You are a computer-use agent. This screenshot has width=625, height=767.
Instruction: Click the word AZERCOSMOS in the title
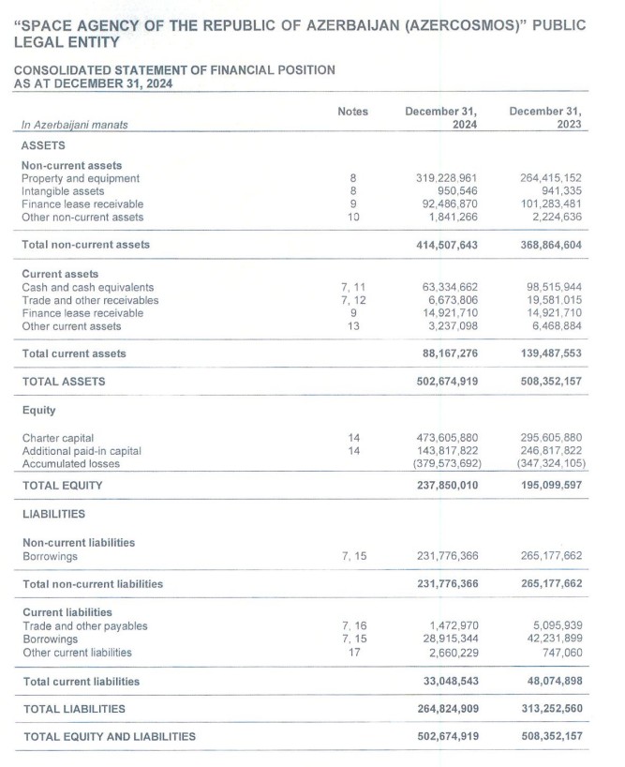[x=436, y=25]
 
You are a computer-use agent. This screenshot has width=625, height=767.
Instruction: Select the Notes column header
[x=352, y=112]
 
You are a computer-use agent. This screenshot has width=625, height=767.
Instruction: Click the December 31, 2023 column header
[x=545, y=117]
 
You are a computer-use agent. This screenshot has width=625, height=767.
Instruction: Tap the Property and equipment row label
[x=81, y=178]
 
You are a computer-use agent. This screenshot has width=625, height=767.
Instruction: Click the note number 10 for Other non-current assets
[x=352, y=218]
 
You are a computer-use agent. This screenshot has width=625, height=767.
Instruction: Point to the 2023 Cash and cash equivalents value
[x=549, y=287]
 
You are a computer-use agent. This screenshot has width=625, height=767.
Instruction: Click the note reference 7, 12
[x=352, y=300]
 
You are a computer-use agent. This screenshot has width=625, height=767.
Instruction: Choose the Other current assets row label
[x=71, y=326]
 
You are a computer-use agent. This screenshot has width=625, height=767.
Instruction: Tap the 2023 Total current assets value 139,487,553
[x=549, y=353]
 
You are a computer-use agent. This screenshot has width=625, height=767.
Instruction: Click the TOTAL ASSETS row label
[x=64, y=382]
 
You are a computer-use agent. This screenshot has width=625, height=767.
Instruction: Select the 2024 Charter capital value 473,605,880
[x=446, y=437]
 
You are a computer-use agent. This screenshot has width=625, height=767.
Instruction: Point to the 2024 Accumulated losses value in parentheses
[x=446, y=463]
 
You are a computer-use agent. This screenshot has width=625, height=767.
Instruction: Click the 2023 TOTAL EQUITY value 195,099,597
[x=549, y=486]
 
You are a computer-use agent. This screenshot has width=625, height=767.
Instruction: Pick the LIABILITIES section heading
[x=53, y=514]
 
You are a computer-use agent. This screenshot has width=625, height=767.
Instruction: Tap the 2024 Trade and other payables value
[x=454, y=625]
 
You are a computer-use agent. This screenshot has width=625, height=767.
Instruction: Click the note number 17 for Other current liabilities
[x=352, y=652]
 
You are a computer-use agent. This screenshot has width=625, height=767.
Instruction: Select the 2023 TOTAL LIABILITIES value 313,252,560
[x=549, y=709]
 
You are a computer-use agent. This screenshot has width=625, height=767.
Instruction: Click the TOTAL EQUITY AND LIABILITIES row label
[x=110, y=736]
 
